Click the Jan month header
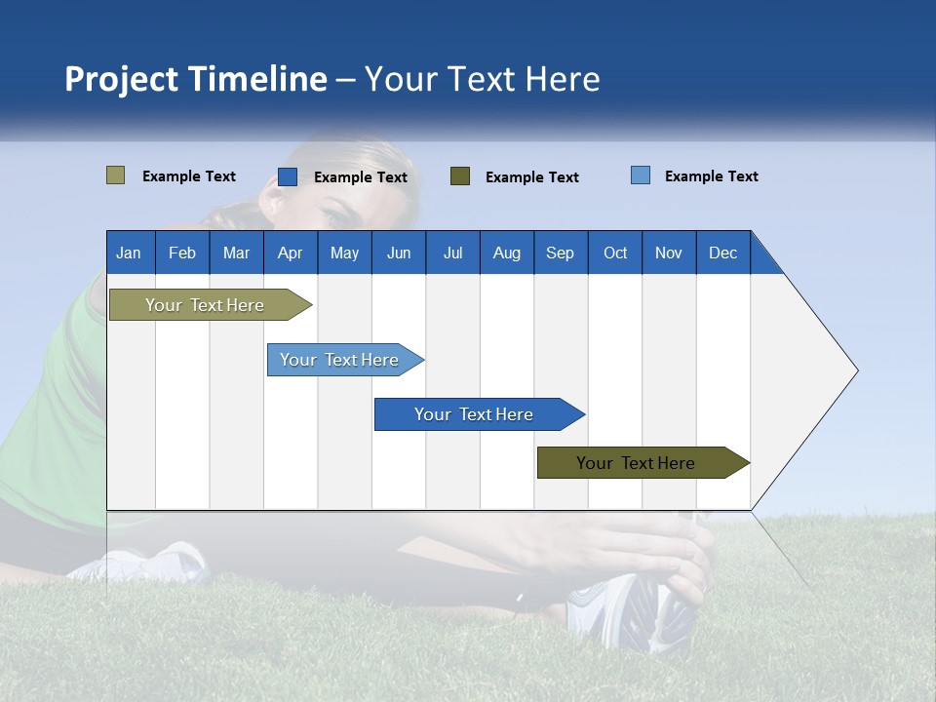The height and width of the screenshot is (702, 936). (x=129, y=253)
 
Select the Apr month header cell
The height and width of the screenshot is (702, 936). (x=290, y=253)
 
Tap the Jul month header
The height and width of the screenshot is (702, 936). (x=452, y=253)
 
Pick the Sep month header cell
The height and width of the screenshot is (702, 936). (x=560, y=253)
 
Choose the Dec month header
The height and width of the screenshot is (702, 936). (x=722, y=253)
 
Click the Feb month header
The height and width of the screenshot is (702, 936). (x=182, y=253)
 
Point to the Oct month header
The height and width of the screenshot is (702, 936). (x=615, y=253)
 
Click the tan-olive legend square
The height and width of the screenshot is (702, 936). (x=116, y=175)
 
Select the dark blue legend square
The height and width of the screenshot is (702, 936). (x=288, y=176)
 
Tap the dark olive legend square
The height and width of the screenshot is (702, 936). (x=460, y=175)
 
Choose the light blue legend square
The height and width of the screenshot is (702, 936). (x=641, y=175)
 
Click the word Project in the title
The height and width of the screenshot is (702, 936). (x=119, y=79)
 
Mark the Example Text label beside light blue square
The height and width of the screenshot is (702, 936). (x=711, y=176)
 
